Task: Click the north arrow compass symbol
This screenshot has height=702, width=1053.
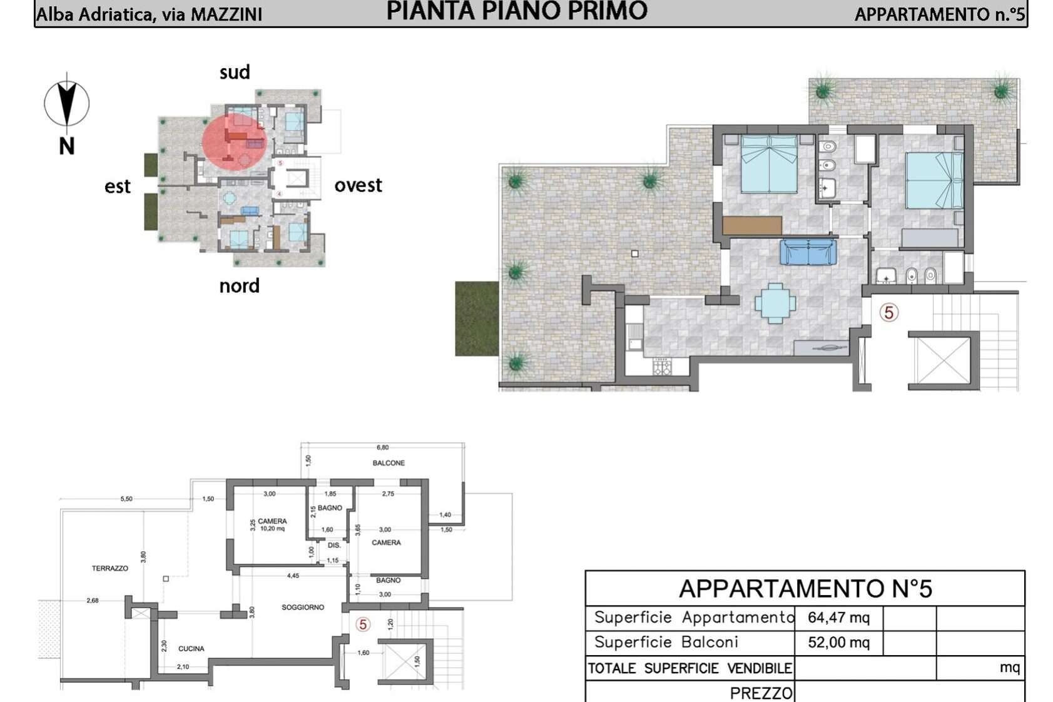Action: coord(67,103)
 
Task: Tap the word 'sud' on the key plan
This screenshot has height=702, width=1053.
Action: coord(235,73)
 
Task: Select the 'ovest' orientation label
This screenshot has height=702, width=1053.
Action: coord(359,185)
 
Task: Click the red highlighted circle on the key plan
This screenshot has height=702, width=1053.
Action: coord(235,141)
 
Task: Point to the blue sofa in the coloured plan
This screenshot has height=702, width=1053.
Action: coord(808,252)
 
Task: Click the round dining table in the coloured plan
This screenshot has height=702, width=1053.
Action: coord(775,303)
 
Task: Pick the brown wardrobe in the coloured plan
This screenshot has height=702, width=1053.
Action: coord(752,225)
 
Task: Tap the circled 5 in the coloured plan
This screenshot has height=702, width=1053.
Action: coord(889,313)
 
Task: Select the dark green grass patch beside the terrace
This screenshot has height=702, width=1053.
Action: coord(477,319)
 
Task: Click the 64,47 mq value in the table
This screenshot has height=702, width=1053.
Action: coord(838,618)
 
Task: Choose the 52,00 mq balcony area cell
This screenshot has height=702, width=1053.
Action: coord(838,643)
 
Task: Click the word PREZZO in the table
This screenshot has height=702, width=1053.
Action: coord(761,693)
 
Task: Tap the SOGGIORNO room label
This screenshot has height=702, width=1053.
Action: coord(303,608)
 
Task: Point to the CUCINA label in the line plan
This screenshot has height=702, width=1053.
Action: coord(191,649)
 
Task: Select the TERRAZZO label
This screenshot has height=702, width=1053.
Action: coord(110,569)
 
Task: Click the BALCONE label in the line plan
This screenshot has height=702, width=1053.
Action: coord(389,463)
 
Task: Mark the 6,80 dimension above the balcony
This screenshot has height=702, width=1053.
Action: coord(383,447)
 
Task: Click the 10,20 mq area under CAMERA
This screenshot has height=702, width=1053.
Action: coord(273,529)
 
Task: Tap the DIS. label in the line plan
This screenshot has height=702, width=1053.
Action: coord(334,546)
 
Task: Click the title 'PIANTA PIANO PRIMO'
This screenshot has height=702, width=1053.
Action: coord(517,11)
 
